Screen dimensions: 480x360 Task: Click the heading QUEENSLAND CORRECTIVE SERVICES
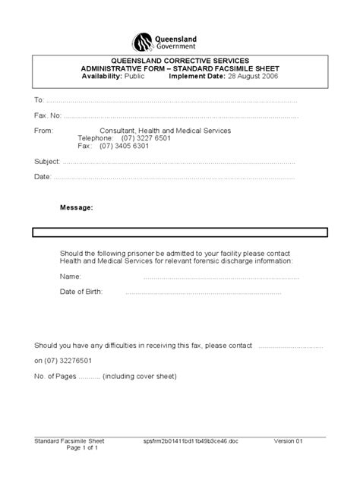click(180, 60)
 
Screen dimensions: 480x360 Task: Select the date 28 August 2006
click(270, 76)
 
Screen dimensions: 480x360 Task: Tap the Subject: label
click(47, 162)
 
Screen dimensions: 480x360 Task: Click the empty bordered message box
click(179, 232)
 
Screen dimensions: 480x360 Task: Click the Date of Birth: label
click(81, 292)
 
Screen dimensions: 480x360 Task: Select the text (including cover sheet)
click(140, 376)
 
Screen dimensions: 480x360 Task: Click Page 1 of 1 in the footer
click(82, 448)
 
